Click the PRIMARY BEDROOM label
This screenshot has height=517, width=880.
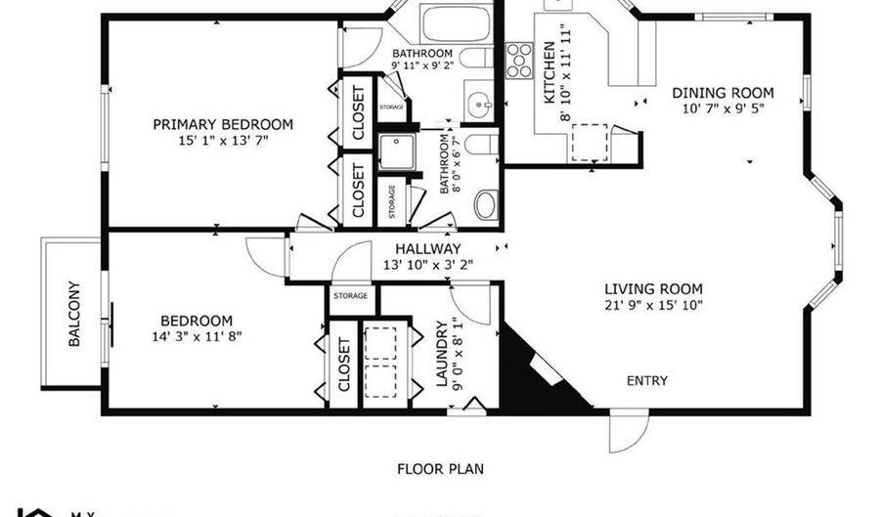tap(223, 124)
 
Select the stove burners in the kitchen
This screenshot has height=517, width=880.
tap(518, 60)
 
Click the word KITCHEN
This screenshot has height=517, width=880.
tap(550, 73)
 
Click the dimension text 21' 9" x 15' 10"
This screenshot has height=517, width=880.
tap(653, 305)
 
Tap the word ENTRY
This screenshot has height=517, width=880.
tap(647, 380)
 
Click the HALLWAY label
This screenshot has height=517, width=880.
tap(427, 249)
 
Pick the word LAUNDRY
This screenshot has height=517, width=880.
tap(441, 354)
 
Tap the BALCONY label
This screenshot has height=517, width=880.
tap(74, 315)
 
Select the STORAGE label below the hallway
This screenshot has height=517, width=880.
tap(350, 295)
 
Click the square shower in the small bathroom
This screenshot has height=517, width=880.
tap(397, 152)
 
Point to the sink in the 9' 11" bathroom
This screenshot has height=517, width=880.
tap(478, 107)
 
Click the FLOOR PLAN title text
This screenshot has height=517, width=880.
tap(441, 468)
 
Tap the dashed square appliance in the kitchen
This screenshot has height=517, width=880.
tap(589, 142)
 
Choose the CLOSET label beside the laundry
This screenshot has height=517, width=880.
tap(345, 364)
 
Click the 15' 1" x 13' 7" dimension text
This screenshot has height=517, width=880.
tap(223, 141)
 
